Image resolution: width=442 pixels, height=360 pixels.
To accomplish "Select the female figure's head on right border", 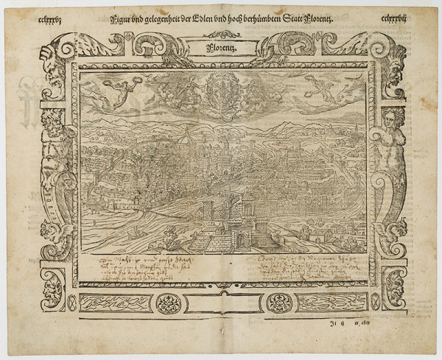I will (x=391, y=118).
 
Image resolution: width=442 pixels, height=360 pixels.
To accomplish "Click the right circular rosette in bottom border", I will (x=278, y=301).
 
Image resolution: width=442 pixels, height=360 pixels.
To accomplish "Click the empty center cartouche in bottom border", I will (x=222, y=302).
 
